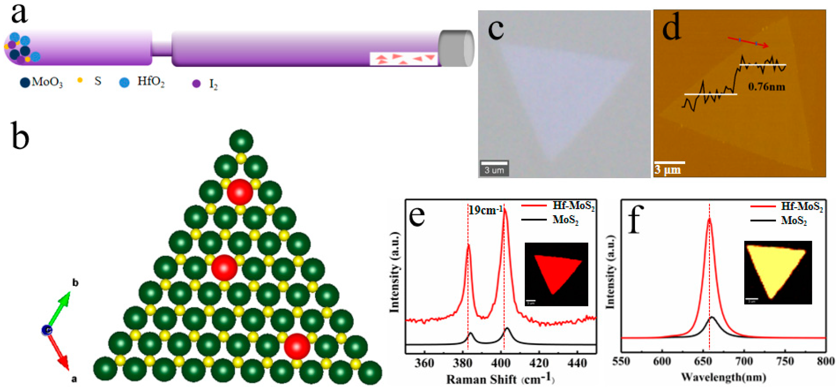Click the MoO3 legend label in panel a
pos(47,82)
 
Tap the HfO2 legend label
pos(151,81)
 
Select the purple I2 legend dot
pos(196,84)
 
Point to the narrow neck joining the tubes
pos(161,48)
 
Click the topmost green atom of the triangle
pos(241,141)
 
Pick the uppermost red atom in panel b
pos(240,192)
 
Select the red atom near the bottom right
pos(297,346)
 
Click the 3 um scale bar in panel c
pos(494,168)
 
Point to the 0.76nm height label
pos(766,87)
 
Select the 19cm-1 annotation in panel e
pos(486,210)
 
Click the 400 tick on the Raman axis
pos(501,363)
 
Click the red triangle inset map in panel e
pos(556,274)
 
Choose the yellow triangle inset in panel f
pos(777,272)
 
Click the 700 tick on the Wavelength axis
pos(744,361)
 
